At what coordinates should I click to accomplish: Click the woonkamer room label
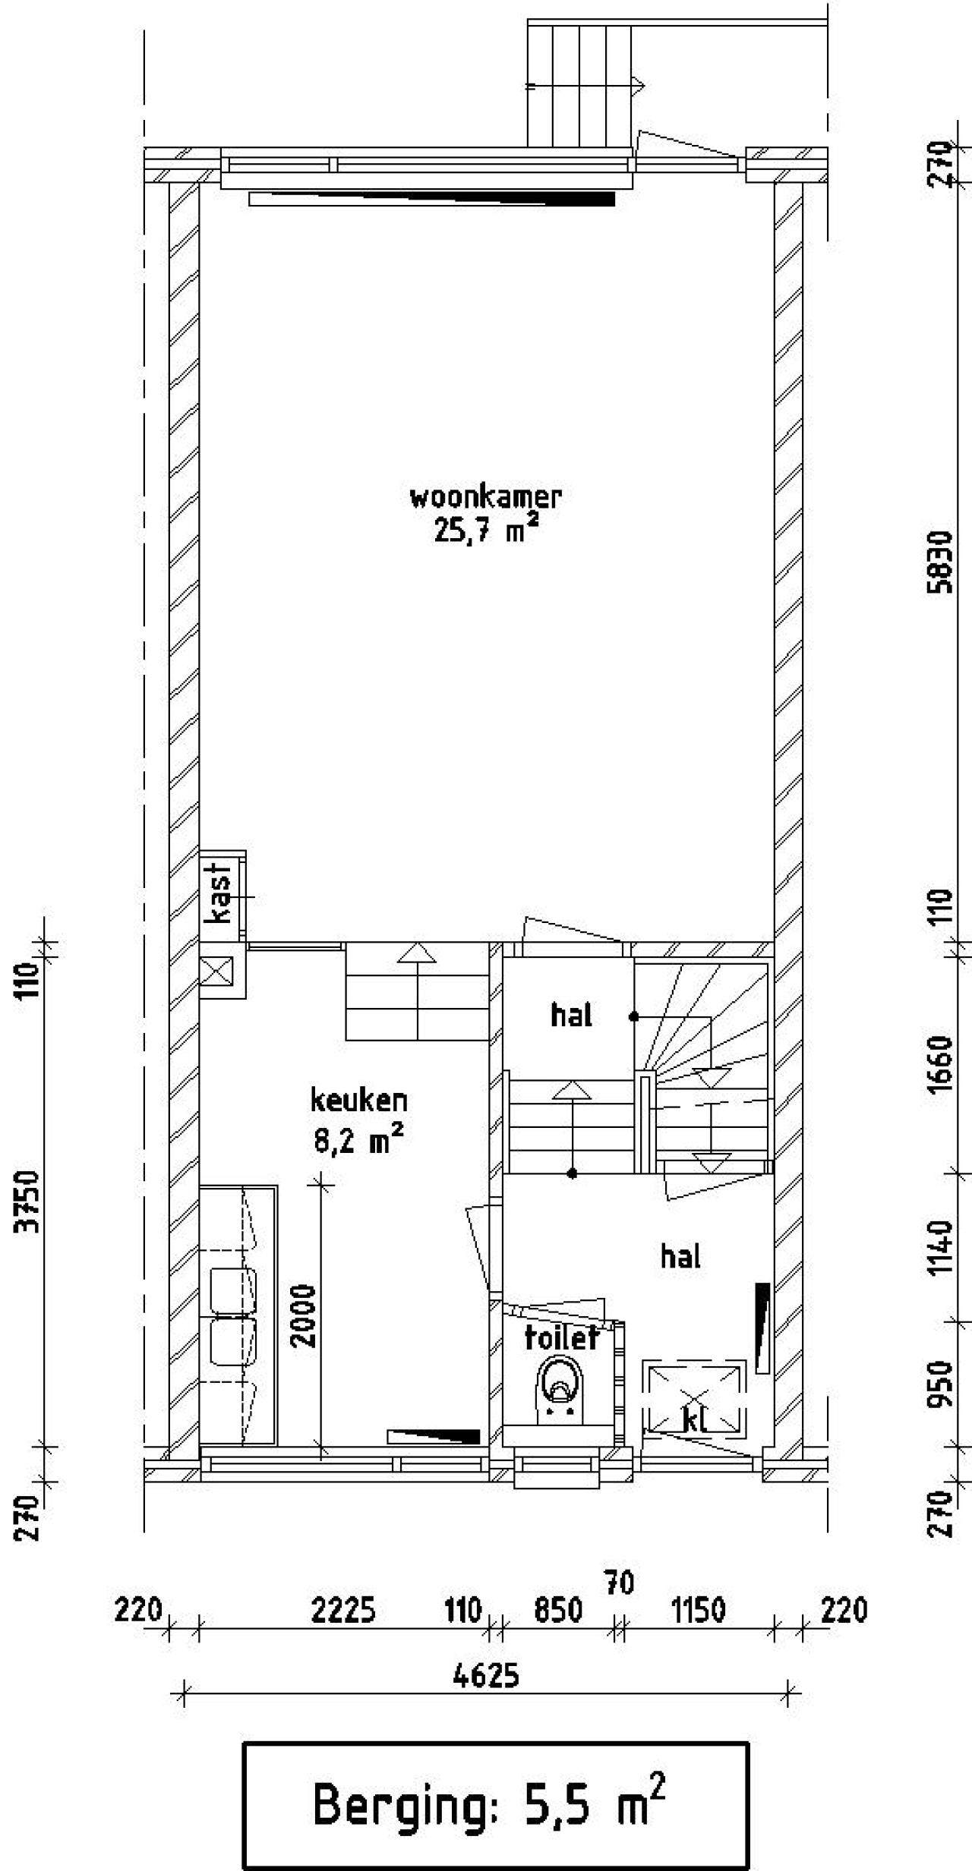(485, 498)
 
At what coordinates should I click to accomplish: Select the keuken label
(358, 1101)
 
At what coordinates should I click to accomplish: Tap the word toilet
(562, 1338)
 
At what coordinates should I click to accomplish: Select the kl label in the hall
(695, 1420)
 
